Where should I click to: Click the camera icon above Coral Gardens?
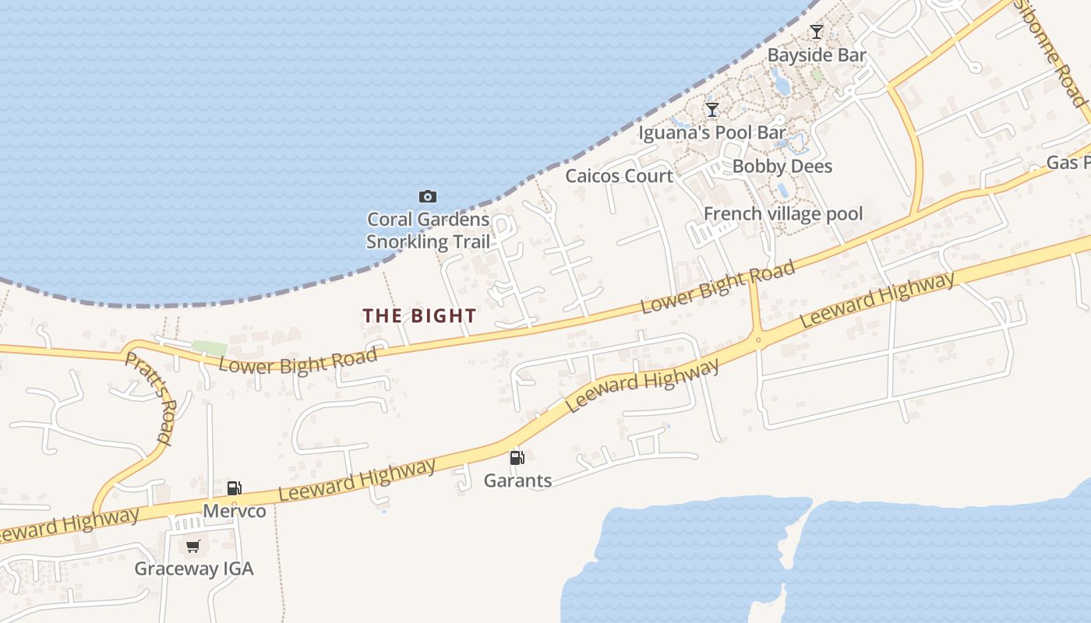(427, 196)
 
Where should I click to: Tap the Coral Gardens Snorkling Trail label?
(429, 231)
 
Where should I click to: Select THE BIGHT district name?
(419, 315)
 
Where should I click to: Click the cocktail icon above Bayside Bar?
(816, 32)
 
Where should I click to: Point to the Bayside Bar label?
(817, 55)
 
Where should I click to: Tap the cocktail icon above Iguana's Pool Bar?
(711, 109)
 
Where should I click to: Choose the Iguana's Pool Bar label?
(711, 133)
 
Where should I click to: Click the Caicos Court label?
(619, 176)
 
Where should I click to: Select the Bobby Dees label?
(782, 167)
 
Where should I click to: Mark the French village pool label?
(782, 214)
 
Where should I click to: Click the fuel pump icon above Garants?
(517, 457)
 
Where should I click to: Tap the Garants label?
(517, 480)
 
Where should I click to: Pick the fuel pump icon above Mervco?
(234, 488)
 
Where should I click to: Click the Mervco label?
(235, 512)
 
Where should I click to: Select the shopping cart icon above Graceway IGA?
(193, 546)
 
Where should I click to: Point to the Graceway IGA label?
(194, 568)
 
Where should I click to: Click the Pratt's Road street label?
(148, 397)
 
